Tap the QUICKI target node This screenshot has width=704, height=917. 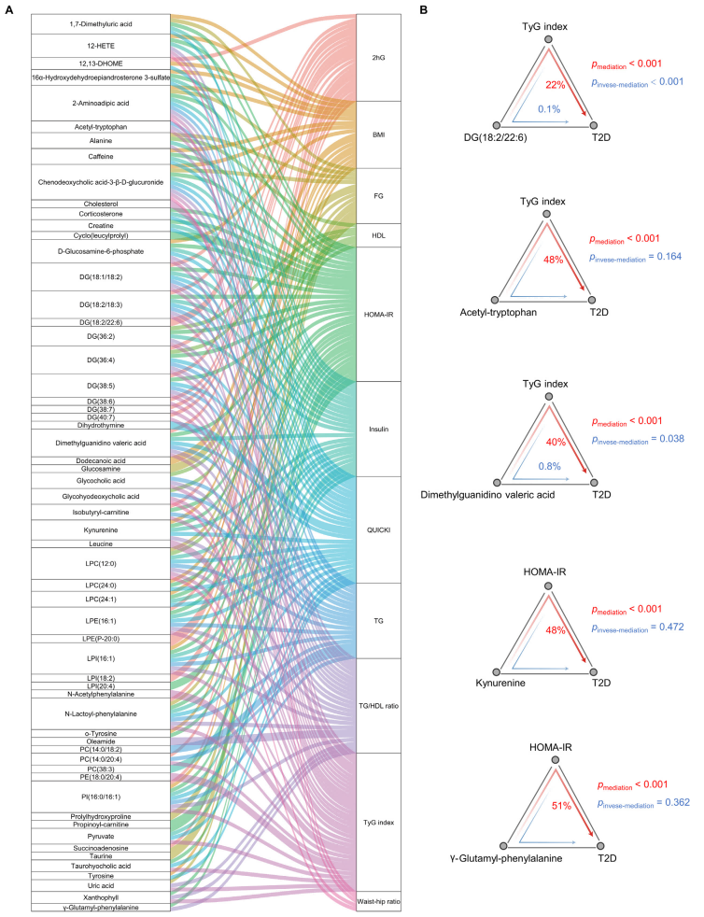[x=379, y=529]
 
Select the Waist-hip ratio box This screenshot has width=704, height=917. [x=379, y=900]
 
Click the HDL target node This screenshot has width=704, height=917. [x=379, y=234]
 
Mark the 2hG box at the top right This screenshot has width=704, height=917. [x=379, y=58]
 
